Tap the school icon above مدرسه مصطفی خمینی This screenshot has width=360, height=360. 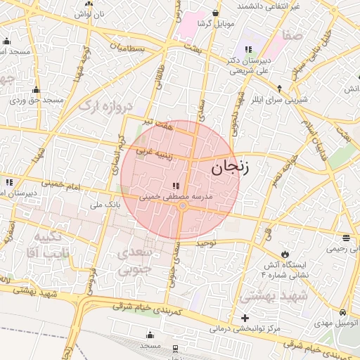click(x=175, y=186)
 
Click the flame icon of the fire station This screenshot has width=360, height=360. click(x=284, y=253)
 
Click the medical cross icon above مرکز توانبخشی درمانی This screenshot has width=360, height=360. click(x=244, y=319)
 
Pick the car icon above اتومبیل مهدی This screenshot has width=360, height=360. click(x=342, y=311)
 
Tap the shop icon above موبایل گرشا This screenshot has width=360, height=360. click(x=214, y=13)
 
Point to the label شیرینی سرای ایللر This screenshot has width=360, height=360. click(x=281, y=100)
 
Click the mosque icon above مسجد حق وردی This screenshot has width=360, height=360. click(x=36, y=90)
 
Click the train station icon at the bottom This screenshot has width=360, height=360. click(x=175, y=348)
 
